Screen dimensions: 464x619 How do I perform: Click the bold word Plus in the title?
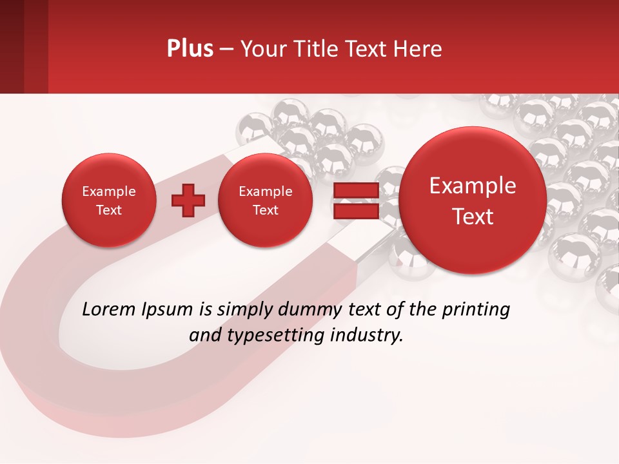pyautogui.click(x=190, y=49)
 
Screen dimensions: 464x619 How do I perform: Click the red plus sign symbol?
pyautogui.click(x=188, y=200)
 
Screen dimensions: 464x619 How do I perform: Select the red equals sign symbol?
pyautogui.click(x=355, y=200)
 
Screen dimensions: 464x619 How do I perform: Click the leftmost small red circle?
pyautogui.click(x=108, y=200)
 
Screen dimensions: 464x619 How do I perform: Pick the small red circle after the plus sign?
pyautogui.click(x=265, y=200)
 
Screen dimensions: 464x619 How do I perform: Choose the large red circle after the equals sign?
pyautogui.click(x=473, y=200)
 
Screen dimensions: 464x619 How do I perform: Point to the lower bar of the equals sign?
pyautogui.click(x=355, y=211)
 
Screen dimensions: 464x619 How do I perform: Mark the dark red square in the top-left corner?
pyautogui.click(x=24, y=46)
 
